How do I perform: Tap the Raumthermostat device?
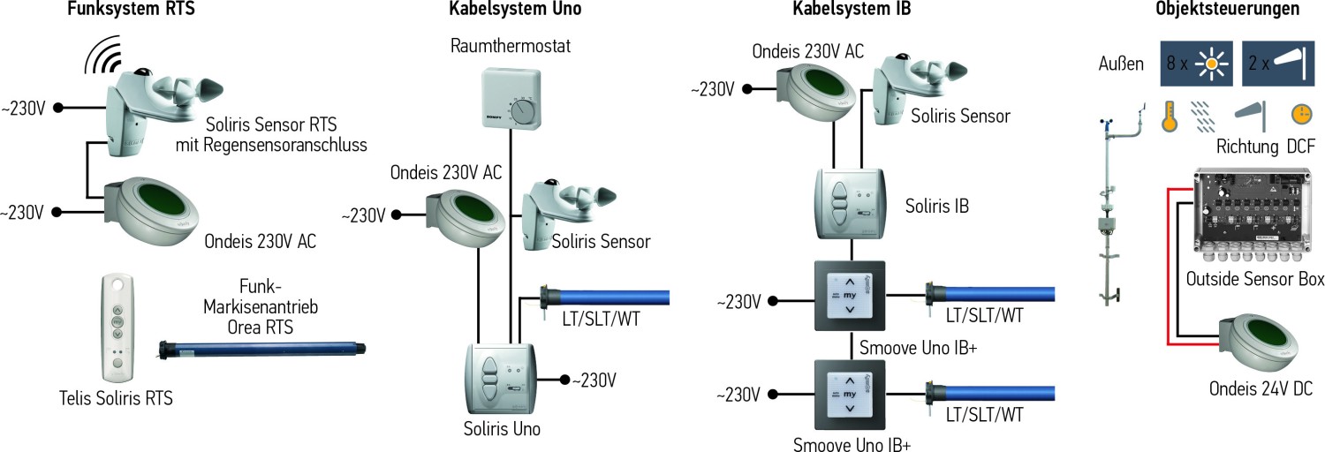click(x=511, y=102)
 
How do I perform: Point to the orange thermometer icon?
click(x=1170, y=116)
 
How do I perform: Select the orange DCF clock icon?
click(x=1299, y=116)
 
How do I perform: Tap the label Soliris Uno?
click(x=502, y=429)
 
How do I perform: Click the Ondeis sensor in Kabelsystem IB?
click(x=817, y=88)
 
